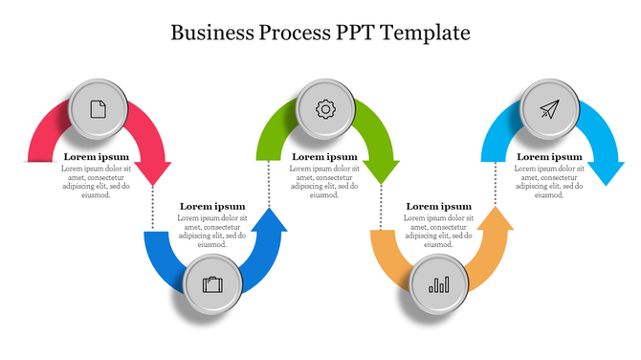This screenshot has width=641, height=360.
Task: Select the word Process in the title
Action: coord(295,33)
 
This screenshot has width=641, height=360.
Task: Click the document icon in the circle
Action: coord(99,109)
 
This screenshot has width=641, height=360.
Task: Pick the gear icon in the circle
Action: coord(325,109)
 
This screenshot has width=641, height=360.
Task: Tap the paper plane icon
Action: coord(548,109)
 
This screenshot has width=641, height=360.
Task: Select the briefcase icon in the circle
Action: coord(212,284)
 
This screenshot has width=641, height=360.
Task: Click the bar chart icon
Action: coord(439,284)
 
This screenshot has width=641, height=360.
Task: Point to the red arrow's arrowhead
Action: coord(152,172)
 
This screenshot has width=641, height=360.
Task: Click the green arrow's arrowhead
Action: coord(381,171)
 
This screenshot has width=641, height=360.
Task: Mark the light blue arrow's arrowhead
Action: coord(606,172)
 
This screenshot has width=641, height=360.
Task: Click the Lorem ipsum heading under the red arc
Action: coord(96,157)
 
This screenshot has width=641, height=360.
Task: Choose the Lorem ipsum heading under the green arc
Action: coord(324,157)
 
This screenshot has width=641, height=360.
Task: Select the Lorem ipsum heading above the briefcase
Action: coord(212,207)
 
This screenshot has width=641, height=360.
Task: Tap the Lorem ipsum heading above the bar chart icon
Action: coord(438,207)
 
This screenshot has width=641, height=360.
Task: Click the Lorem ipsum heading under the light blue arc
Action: coord(549,157)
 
